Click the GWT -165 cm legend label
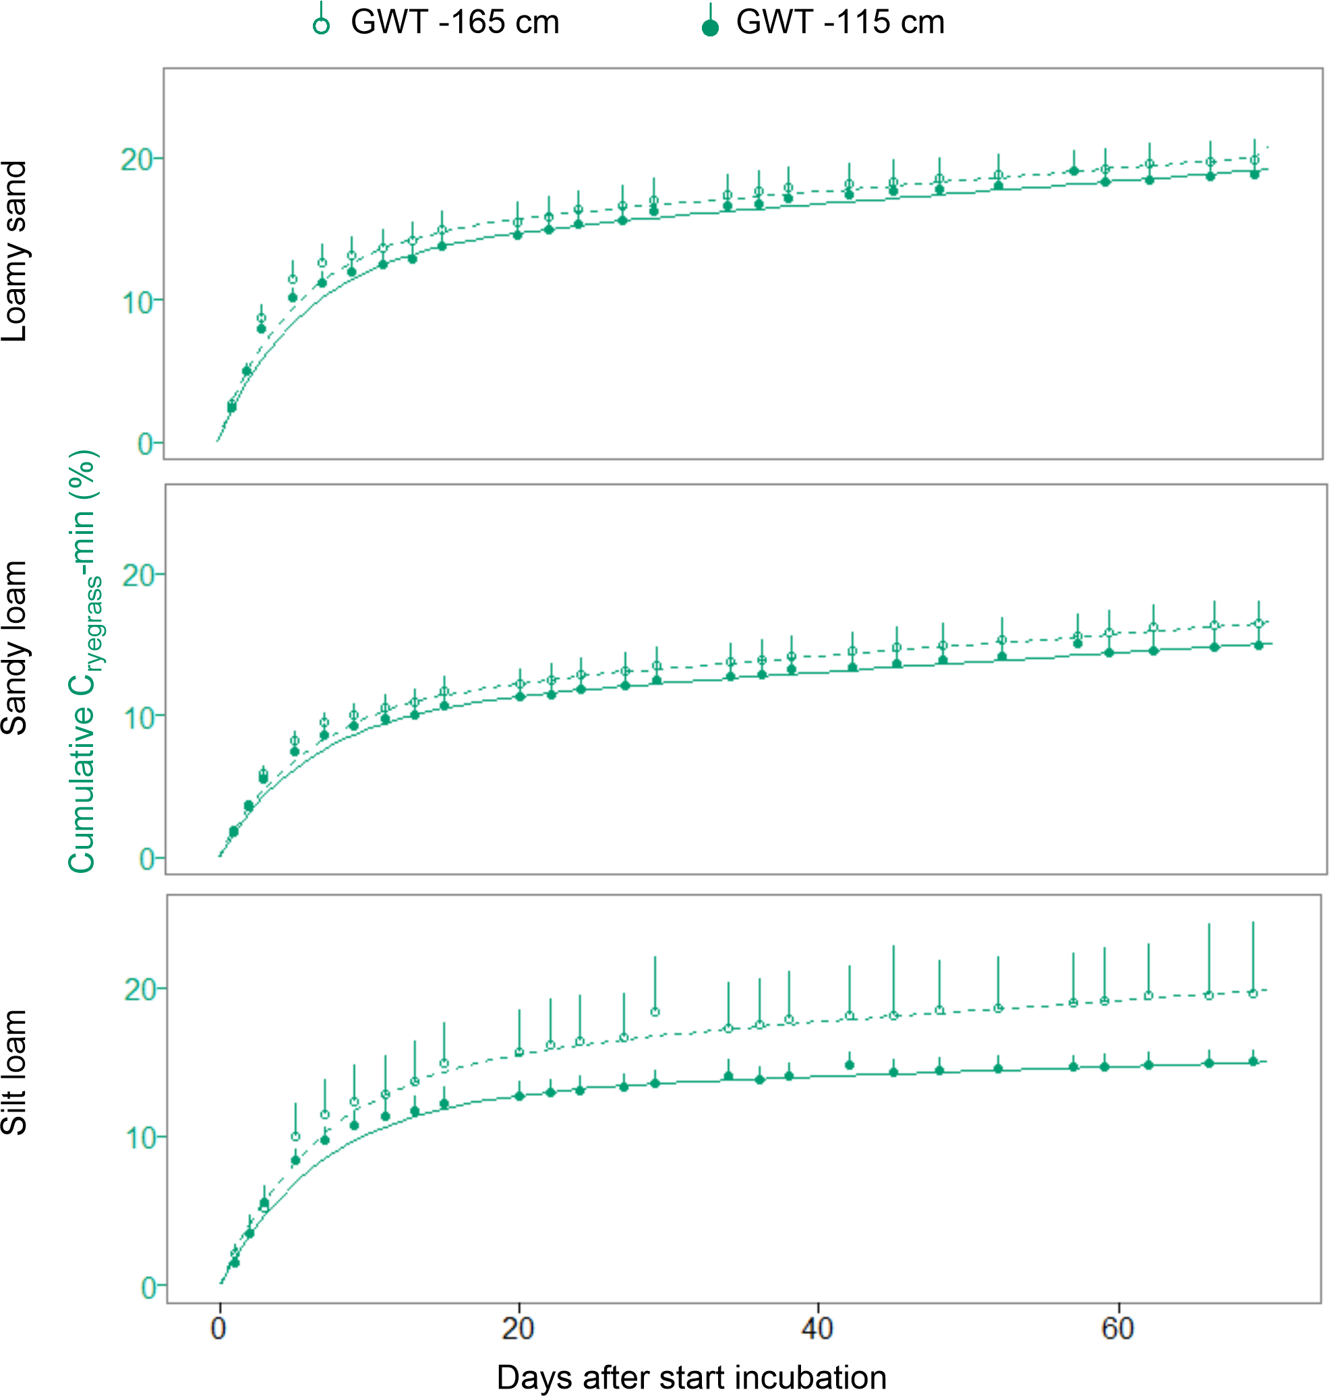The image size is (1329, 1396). point(455,23)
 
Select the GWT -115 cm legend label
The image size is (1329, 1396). point(840,23)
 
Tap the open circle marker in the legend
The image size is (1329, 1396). point(322,26)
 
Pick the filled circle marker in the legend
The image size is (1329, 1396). point(710,27)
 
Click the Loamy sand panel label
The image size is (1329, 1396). point(15,251)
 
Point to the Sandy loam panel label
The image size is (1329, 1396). point(15,648)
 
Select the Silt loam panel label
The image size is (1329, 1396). point(15,1072)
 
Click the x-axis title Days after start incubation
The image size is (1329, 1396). point(691,1378)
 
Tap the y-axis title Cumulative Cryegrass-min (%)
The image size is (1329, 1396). point(84,661)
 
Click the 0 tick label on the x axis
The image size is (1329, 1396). point(218,1329)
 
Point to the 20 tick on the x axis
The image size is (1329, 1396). point(518,1329)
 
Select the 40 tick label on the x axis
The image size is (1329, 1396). point(817,1329)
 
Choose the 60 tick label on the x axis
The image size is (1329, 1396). point(1117,1329)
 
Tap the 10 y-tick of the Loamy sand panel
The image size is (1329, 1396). point(138,303)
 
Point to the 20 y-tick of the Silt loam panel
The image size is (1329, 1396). point(140,990)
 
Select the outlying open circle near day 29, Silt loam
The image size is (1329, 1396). point(655,1011)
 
